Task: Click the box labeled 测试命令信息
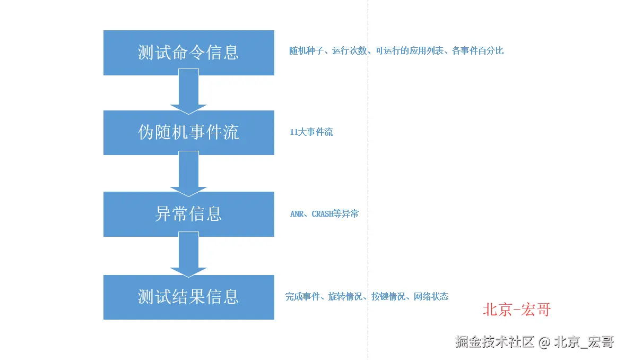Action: coord(188,53)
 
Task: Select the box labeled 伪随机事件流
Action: coord(188,133)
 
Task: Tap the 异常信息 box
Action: coord(188,214)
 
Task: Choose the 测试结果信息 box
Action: coord(188,297)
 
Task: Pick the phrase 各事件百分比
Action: coord(478,51)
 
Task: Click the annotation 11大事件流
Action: coord(311,132)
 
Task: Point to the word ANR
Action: coord(297,214)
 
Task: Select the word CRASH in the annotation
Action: coord(323,214)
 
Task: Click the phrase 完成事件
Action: coord(302,297)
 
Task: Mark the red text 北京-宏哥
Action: coord(516,310)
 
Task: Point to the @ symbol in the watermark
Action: coord(544,342)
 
